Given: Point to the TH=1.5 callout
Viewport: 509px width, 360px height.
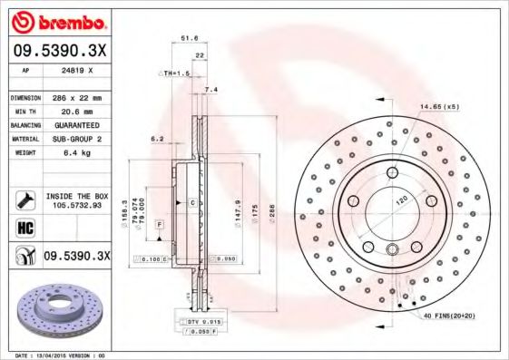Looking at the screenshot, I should pos(174,72).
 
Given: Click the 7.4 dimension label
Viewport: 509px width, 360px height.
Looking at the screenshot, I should pos(211,89).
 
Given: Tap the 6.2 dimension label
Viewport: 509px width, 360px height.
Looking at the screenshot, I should pos(155,139).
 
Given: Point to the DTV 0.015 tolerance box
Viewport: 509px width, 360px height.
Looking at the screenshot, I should pos(196,322).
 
